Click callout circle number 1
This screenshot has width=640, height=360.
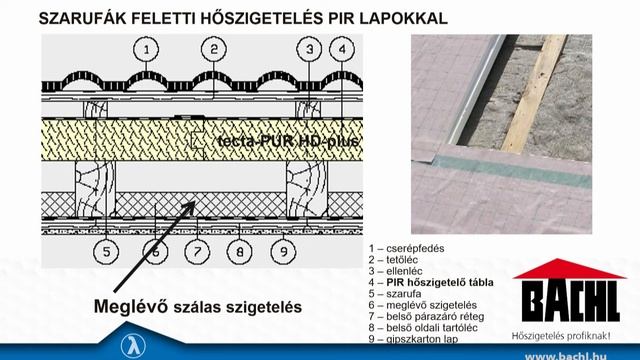point(146,50)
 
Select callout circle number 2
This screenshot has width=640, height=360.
point(214,49)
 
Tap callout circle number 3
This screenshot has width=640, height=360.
point(309,49)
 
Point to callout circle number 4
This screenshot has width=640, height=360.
point(342,49)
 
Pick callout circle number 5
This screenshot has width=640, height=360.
point(106,251)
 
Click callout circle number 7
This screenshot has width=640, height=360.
point(197,251)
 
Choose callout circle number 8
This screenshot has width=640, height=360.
point(240,251)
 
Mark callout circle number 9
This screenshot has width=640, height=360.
point(283,251)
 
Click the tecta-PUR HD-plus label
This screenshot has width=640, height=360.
point(288,141)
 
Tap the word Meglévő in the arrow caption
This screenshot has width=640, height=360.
point(131,307)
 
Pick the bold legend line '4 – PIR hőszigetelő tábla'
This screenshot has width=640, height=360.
point(431,282)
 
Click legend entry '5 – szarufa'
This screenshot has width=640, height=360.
point(395,293)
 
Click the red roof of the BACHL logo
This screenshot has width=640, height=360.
point(569,269)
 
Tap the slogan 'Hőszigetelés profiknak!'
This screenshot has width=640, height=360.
point(561,336)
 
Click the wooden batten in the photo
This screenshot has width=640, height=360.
point(534,93)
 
